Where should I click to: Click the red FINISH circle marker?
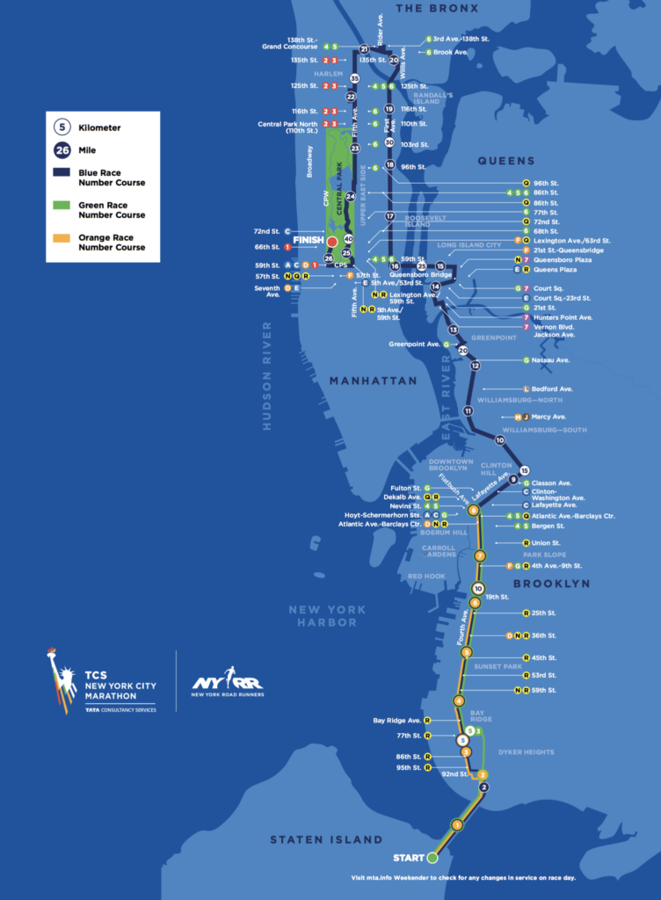click(x=332, y=241)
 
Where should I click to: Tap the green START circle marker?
click(x=432, y=857)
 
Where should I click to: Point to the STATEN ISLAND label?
click(x=326, y=839)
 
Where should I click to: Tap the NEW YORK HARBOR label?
click(x=324, y=616)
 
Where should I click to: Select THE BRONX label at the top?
click(x=437, y=8)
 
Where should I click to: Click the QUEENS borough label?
click(x=505, y=161)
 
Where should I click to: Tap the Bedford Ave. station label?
click(x=552, y=388)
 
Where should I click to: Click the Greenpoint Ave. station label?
click(x=414, y=345)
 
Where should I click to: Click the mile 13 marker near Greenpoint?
click(x=454, y=330)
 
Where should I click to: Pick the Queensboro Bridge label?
click(x=427, y=274)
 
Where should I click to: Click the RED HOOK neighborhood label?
click(x=426, y=577)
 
